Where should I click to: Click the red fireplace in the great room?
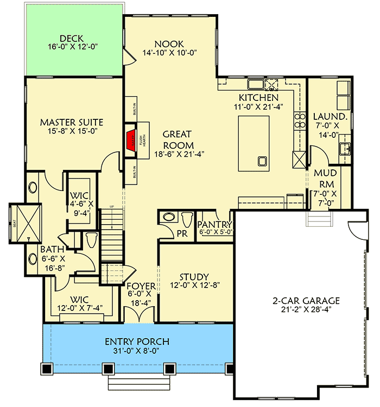pos(131,139)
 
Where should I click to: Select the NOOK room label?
pos(169,44)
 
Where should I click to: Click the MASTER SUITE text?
pos(72,122)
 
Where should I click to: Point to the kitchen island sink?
pos(262,161)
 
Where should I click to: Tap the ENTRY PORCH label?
pos(137,342)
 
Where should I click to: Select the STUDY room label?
pos(195,277)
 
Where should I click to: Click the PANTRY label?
pos(214,224)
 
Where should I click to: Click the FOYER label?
pos(141,287)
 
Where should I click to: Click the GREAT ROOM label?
pos(178,139)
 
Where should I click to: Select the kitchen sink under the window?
pos(255,84)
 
